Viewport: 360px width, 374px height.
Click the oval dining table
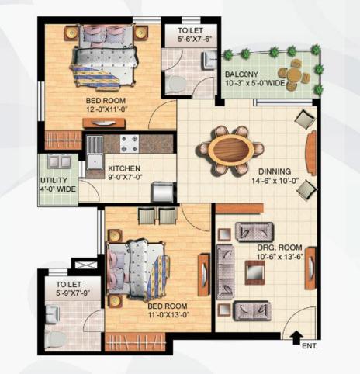[x=231, y=151]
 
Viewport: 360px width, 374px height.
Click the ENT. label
[x=310, y=346]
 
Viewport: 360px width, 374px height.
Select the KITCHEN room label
[x=124, y=168]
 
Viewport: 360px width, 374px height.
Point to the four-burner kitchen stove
[x=130, y=144]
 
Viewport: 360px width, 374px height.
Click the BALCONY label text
[x=241, y=74]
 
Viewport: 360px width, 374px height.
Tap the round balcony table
[x=295, y=74]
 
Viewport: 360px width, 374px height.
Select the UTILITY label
[x=54, y=180]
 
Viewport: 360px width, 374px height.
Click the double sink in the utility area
[x=59, y=161]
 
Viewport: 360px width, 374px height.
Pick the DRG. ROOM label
[x=279, y=248]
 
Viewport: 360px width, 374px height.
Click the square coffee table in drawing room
[x=254, y=272]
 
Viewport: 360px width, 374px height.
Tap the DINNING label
[x=275, y=171]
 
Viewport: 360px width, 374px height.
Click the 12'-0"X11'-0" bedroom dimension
[x=107, y=109]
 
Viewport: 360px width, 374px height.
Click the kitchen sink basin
[x=95, y=161]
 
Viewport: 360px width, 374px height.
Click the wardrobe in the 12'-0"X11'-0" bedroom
[x=64, y=140]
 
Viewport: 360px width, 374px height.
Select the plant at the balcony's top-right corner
[x=315, y=49]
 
